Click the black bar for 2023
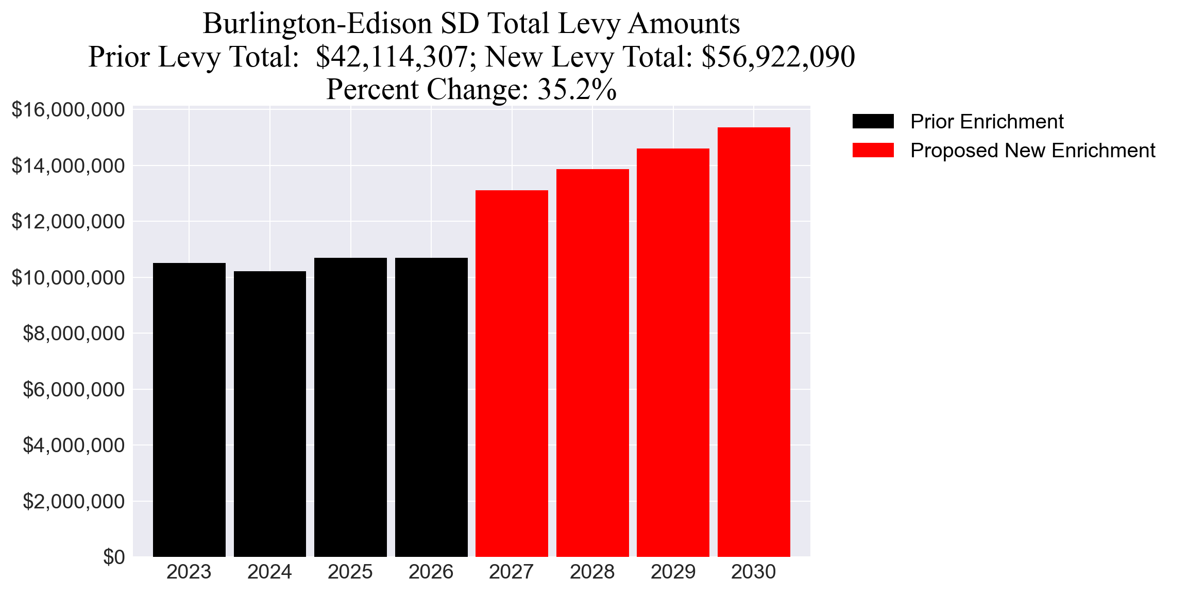tap(189, 410)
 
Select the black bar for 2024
tap(269, 414)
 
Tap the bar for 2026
tap(431, 407)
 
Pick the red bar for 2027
tap(512, 374)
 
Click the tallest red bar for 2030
tap(754, 342)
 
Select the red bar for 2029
tap(673, 353)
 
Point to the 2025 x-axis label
tap(350, 572)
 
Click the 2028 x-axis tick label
tap(592, 572)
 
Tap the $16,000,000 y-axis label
tap(68, 110)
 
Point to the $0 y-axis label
tap(114, 557)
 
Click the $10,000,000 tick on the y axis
tap(68, 277)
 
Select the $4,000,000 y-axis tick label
tap(74, 445)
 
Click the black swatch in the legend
tap(873, 122)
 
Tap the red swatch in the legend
tap(873, 151)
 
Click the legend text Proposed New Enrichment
tap(1032, 151)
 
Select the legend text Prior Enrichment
tap(987, 122)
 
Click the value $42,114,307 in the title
tap(392, 57)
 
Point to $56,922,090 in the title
tap(778, 57)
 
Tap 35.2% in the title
tap(577, 89)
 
